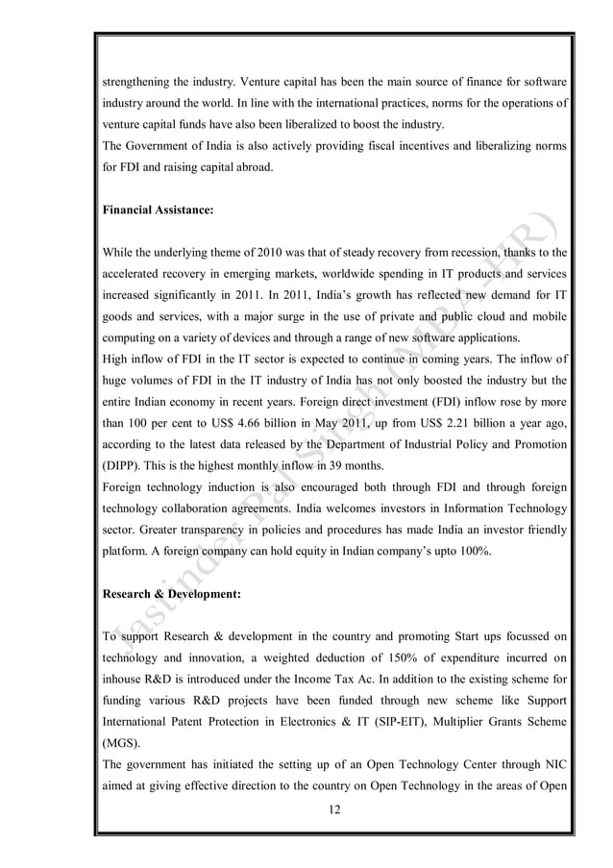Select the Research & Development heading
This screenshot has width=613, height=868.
170,593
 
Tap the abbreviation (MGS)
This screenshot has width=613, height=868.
122,741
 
